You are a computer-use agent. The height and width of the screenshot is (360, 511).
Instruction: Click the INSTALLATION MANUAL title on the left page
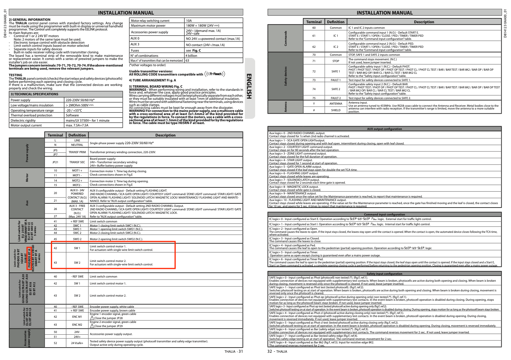pyautogui.click(x=126, y=13)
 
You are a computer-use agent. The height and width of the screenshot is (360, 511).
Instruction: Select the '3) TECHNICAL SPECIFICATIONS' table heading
pyautogui.click(x=34, y=94)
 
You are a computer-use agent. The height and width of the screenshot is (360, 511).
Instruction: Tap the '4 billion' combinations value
pyautogui.click(x=191, y=55)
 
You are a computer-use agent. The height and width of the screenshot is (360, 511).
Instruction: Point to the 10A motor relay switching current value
pyautogui.click(x=189, y=21)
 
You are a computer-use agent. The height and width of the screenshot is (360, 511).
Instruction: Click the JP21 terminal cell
pyautogui.click(x=55, y=162)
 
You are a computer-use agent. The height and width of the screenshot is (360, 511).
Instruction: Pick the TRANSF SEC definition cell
pyautogui.click(x=77, y=162)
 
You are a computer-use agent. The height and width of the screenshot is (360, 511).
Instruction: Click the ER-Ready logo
pyautogui.click(x=215, y=74)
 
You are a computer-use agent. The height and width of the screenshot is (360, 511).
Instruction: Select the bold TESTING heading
pyautogui.click(x=15, y=75)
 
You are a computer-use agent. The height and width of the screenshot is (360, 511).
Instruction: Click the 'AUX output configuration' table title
pyautogui.click(x=384, y=129)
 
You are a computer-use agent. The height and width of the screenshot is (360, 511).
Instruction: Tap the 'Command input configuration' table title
pyautogui.click(x=384, y=214)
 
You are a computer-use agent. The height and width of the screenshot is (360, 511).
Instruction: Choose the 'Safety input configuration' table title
pyautogui.click(x=384, y=274)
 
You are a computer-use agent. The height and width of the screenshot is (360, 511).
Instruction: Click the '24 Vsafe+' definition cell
pyautogui.click(x=77, y=343)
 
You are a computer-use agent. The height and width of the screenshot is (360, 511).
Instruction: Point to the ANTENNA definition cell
pyautogui.click(x=336, y=104)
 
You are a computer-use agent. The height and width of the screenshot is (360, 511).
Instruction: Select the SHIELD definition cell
pyautogui.click(x=336, y=110)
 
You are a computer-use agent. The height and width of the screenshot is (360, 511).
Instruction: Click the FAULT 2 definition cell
pyautogui.click(x=336, y=98)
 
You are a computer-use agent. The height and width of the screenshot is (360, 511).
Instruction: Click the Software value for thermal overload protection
pyautogui.click(x=72, y=115)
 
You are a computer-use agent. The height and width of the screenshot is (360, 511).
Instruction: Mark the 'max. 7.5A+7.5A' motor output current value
pyautogui.click(x=77, y=125)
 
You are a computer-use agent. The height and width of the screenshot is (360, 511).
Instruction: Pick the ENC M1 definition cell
pyautogui.click(x=77, y=317)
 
